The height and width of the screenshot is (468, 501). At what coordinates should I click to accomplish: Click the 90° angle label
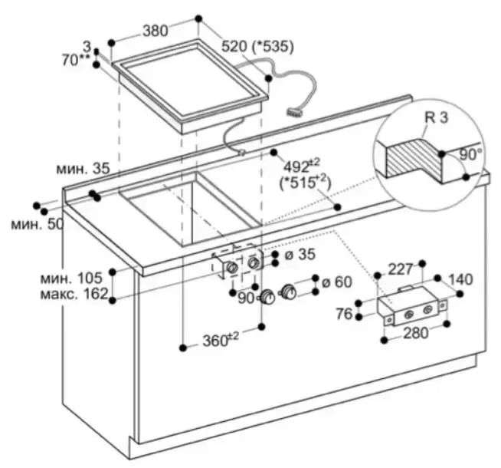pyautogui.click(x=470, y=153)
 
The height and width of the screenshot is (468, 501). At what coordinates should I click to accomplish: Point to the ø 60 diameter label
pyautogui.click(x=335, y=282)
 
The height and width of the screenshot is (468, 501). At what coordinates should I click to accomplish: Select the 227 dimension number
pyautogui.click(x=400, y=269)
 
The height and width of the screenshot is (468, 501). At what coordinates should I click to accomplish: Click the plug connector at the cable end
pyautogui.click(x=293, y=111)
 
